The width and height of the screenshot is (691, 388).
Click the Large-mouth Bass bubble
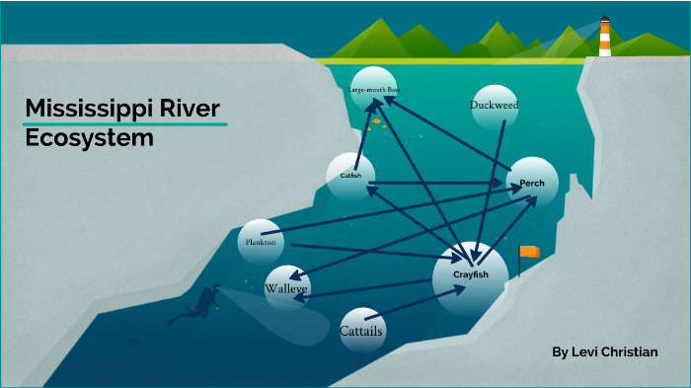coord(373,90)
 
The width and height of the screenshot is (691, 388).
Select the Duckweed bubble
coord(495,106)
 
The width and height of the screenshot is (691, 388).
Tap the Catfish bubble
coord(350,176)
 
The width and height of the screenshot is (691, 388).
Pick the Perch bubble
coord(532,183)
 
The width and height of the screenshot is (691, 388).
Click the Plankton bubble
coord(261,241)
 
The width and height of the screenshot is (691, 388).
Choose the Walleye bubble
coord(286,288)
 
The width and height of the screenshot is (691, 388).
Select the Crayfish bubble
coord(471,275)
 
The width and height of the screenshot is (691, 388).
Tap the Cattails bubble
coord(361,330)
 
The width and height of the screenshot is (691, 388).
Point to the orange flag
coord(531,252)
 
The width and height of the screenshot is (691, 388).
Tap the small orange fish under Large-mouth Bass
coord(376,122)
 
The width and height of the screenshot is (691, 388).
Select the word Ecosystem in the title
coord(89,138)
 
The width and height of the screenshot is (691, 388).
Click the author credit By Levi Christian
coord(605,352)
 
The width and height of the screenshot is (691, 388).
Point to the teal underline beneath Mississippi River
coord(125,124)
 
